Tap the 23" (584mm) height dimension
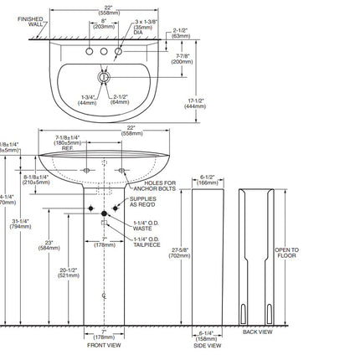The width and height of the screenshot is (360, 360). coord(49,244)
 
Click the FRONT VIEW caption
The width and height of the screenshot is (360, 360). coord(105,344)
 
